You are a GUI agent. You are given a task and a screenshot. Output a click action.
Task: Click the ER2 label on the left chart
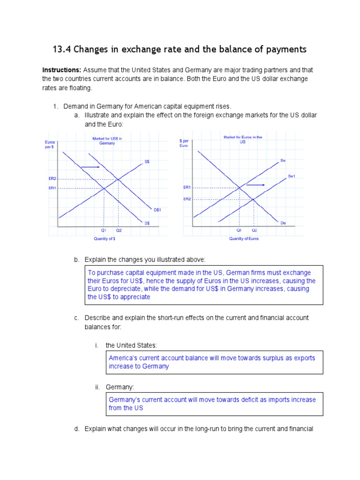point(52,179)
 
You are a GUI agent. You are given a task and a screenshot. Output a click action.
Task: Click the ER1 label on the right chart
point(187,187)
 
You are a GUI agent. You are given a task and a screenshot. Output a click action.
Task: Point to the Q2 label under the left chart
point(119,231)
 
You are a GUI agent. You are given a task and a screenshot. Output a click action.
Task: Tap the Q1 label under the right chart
point(239,231)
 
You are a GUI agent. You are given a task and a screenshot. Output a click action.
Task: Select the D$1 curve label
point(157,210)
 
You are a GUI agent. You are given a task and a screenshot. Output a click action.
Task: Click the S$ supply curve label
point(147,162)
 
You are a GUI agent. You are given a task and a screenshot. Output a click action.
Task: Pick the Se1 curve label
point(291,176)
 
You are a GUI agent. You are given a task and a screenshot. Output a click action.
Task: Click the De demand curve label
point(283,223)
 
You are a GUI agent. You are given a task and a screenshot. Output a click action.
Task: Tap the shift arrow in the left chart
point(90,167)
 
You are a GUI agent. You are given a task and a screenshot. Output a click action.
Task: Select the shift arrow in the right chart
point(255,185)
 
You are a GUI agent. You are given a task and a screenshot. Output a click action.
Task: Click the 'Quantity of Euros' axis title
point(243,239)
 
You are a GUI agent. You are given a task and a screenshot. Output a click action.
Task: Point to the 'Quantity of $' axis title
point(105,239)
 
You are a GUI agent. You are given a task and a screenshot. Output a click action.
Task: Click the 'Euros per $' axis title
point(50,144)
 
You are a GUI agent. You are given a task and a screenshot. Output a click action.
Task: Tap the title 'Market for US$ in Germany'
point(107,140)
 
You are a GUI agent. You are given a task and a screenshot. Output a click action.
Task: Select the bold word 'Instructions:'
point(62,70)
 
